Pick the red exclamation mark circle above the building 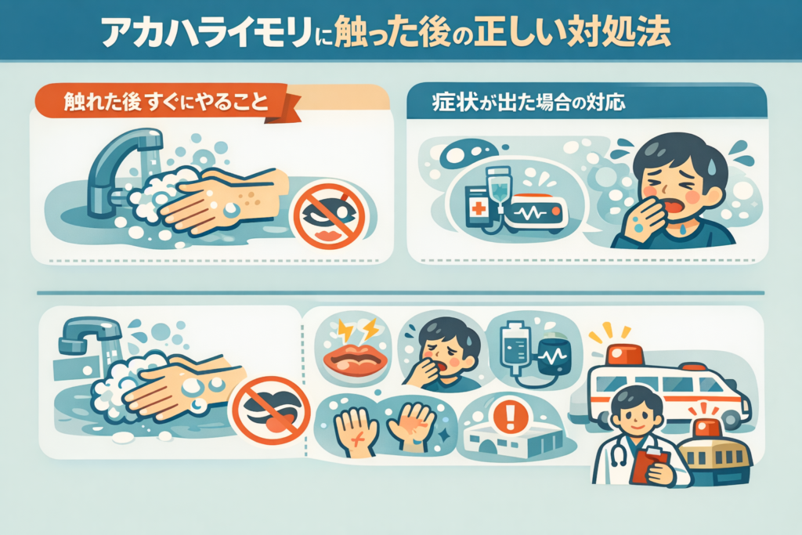pos(510,416)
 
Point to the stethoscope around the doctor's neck pos(616,450)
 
